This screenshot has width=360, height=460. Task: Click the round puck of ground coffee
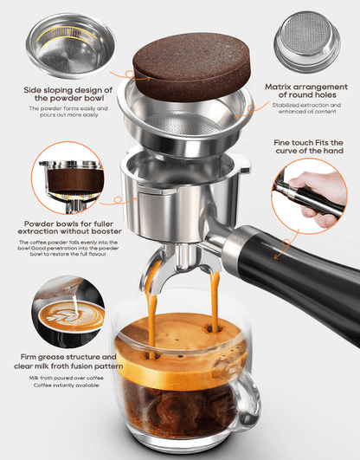coord(192,66)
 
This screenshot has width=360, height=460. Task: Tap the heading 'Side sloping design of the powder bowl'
coord(68,94)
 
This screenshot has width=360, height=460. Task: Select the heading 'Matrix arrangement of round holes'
coord(306,91)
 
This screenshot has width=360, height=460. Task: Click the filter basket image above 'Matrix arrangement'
coord(307,41)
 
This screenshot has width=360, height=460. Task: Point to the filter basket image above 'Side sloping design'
coord(71,46)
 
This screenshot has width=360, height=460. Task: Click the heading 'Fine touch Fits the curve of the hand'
coord(309,146)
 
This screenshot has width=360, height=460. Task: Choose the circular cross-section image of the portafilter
coord(67,178)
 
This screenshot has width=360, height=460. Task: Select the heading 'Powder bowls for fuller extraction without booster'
coord(69,228)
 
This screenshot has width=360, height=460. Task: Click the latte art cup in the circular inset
coord(72,317)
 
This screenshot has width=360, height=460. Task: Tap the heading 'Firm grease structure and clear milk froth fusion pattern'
coord(68,362)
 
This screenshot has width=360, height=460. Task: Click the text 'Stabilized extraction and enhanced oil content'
coord(306,108)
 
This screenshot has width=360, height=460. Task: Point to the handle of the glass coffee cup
coord(246,402)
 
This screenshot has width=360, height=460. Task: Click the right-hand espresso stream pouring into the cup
coord(215,301)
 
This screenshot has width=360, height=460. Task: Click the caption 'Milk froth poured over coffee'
coord(67,378)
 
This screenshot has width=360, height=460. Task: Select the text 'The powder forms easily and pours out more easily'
coord(68,112)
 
